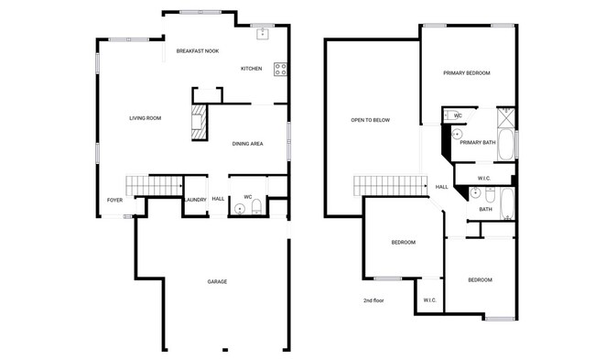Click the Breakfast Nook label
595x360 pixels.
pos(196,51)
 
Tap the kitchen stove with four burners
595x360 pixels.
pos(280,69)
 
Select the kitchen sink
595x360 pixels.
pos(262,35)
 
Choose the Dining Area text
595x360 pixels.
pos(248,144)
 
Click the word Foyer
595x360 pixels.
pos(115,199)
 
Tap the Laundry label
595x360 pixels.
pos(195,199)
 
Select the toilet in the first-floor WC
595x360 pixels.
pos(257,206)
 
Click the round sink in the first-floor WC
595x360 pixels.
pos(240,208)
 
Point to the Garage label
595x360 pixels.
pos(217,281)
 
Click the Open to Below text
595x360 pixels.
pos(371,121)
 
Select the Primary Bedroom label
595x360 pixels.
pos(467,73)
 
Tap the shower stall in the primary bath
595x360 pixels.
pos(505,116)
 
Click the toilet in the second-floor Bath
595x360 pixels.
pos(490,195)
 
